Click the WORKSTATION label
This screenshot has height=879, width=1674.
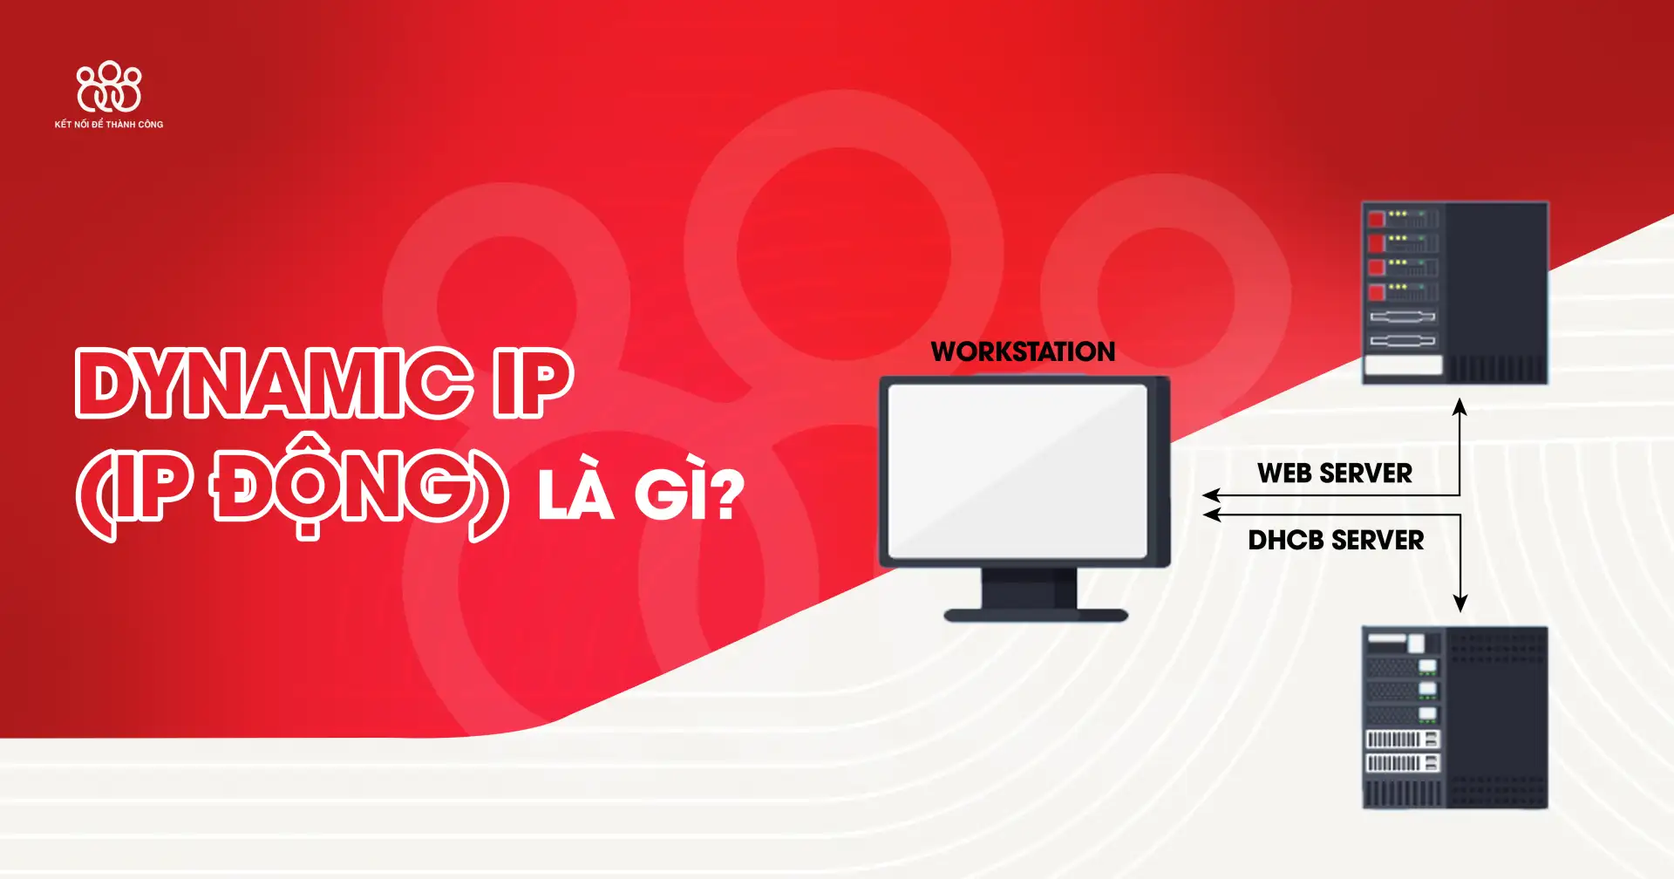(1023, 351)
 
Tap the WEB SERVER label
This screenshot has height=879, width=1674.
(1334, 474)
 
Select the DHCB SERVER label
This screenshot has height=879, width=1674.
(1336, 541)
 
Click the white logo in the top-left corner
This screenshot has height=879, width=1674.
(109, 86)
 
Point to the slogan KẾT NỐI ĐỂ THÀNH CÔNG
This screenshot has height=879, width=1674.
(109, 125)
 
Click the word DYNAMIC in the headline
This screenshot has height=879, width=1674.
(275, 384)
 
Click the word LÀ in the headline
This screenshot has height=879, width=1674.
(575, 495)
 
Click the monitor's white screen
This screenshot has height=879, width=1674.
(1017, 471)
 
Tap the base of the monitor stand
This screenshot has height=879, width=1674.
(1036, 616)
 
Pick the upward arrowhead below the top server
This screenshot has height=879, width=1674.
(1460, 406)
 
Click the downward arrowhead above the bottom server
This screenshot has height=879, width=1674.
(1460, 603)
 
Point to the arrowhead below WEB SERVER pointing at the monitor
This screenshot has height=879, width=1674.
(1211, 495)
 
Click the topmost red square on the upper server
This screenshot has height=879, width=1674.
(1377, 219)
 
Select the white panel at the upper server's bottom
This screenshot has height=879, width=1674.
(1403, 365)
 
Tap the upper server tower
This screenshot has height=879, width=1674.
(1454, 293)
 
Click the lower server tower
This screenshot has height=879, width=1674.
(1454, 717)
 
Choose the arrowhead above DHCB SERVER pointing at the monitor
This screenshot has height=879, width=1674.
(1211, 515)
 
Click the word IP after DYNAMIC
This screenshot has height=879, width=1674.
(532, 384)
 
